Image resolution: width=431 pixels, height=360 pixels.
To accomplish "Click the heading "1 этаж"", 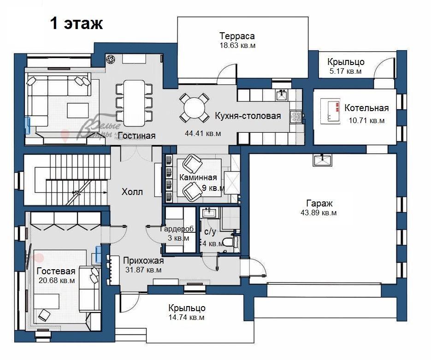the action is pyautogui.click(x=77, y=24).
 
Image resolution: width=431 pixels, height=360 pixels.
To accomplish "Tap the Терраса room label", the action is pyautogui.click(x=237, y=36).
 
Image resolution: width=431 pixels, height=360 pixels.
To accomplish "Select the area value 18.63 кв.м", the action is pyautogui.click(x=237, y=45).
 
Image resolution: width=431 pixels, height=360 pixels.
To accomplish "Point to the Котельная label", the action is pyautogui.click(x=366, y=108).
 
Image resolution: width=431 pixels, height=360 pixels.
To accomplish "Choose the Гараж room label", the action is pyautogui.click(x=319, y=203).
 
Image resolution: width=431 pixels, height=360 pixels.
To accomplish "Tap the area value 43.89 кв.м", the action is pyautogui.click(x=319, y=212).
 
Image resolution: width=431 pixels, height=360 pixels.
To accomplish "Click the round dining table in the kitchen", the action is pyautogui.click(x=195, y=108).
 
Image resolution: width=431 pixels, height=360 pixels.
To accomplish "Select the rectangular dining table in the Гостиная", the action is pyautogui.click(x=134, y=103).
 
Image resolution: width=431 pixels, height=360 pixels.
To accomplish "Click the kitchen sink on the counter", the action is pyautogui.click(x=282, y=95).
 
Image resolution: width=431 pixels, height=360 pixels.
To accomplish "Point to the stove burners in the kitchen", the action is pyautogui.click(x=296, y=117).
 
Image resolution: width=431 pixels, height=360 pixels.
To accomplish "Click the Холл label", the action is pyautogui.click(x=132, y=192).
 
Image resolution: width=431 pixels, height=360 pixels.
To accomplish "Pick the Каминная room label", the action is pyautogui.click(x=198, y=177).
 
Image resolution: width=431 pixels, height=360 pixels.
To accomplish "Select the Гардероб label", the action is pyautogui.click(x=177, y=229).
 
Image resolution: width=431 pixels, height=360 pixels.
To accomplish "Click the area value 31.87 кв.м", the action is pyautogui.click(x=143, y=270).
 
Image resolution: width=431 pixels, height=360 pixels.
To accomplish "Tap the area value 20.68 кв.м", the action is pyautogui.click(x=57, y=281).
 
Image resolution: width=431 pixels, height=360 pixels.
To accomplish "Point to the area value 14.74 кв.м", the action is pyautogui.click(x=187, y=318).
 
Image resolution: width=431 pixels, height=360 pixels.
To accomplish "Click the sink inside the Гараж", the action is pyautogui.click(x=322, y=160).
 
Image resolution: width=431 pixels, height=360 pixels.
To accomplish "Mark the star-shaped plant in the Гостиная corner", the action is pyautogui.click(x=111, y=59).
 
